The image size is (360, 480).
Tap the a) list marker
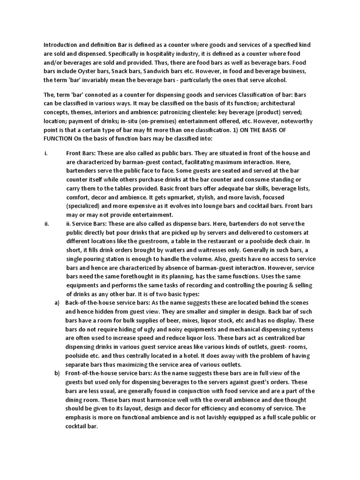click(57, 303)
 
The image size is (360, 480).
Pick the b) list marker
click(57, 373)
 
